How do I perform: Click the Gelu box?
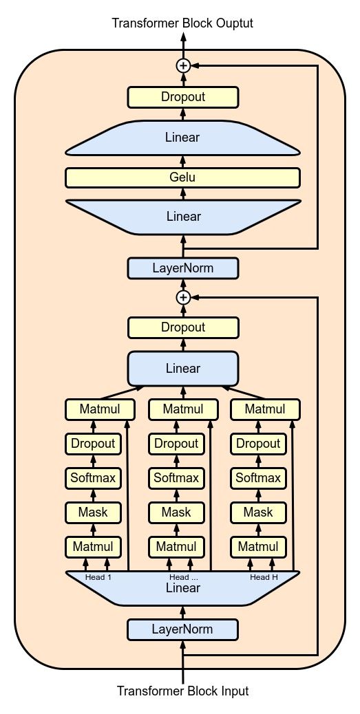182,177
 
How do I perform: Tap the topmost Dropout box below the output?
182,97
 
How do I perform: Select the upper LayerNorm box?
182,268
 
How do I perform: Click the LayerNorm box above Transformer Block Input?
182,629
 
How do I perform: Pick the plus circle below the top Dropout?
183,66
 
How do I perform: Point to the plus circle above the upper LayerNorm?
183,297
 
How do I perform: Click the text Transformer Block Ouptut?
182,23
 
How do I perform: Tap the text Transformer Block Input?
182,691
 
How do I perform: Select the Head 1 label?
98,577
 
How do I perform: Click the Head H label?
264,577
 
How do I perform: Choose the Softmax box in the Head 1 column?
93,478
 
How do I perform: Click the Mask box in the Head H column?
258,512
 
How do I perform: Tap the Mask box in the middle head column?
176,512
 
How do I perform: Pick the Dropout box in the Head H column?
258,444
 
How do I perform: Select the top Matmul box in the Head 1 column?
100,409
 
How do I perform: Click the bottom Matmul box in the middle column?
176,546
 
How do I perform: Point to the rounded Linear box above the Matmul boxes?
182,369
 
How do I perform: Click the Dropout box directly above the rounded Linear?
182,327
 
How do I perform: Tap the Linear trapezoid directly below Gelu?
182,217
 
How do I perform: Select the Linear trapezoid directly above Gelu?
182,138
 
